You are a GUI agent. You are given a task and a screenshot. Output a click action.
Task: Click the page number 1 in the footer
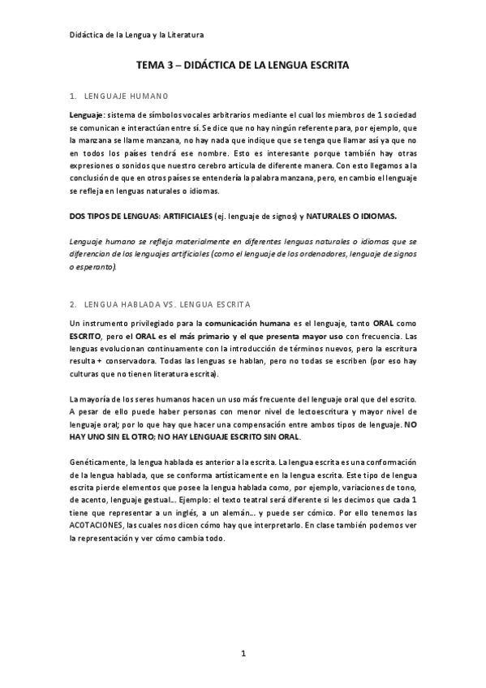coord(243,653)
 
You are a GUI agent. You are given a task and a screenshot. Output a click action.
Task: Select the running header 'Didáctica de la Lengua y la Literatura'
coord(136,36)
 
